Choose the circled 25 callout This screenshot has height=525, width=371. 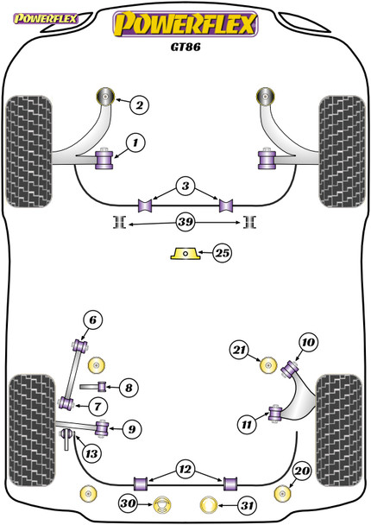click(221, 253)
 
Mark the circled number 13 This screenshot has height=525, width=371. click(128, 389)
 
